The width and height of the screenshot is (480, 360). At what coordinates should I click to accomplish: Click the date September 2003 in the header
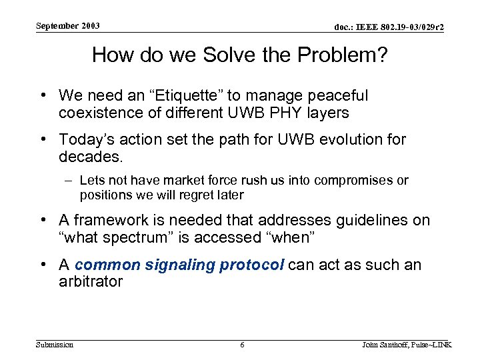pos(67,26)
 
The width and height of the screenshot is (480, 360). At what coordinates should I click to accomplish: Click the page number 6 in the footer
pos(242,345)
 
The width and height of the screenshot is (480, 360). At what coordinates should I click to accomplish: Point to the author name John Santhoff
pos(389,345)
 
